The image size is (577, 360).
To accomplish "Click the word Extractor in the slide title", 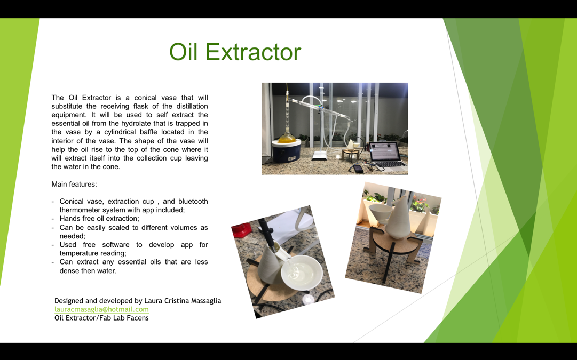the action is click(253, 52).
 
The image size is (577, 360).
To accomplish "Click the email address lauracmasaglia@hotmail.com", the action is click(101, 309).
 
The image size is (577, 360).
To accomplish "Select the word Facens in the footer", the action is click(137, 318).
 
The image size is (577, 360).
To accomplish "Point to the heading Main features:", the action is click(74, 184).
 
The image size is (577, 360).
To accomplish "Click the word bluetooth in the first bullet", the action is click(193, 202).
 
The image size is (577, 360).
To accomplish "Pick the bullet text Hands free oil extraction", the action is click(99, 219).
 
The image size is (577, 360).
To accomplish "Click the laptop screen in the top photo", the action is click(384, 152).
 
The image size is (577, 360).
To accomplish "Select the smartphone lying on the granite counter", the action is click(358, 169).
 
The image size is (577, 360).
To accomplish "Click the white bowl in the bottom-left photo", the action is click(302, 273).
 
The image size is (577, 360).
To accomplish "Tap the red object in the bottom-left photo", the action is click(242, 230).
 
